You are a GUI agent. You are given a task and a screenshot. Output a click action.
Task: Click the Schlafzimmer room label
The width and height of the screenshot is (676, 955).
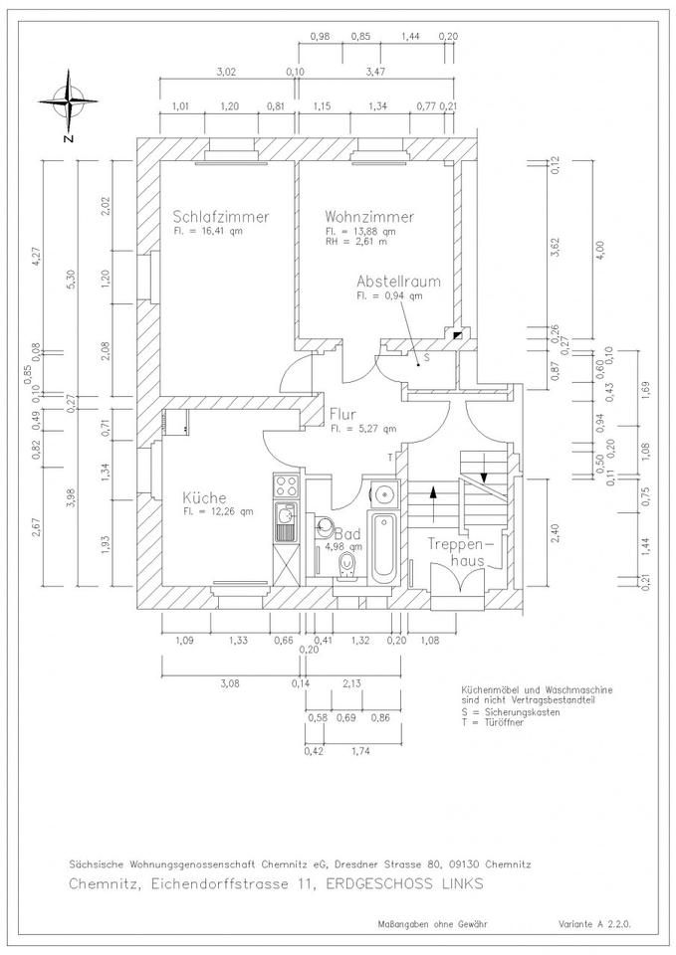click(221, 216)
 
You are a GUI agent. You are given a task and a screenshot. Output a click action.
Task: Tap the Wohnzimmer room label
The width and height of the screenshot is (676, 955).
click(369, 216)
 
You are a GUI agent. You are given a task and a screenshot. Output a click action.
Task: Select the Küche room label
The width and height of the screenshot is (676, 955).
click(204, 497)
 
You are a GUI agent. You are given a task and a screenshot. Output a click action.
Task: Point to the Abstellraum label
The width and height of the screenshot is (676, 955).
click(398, 282)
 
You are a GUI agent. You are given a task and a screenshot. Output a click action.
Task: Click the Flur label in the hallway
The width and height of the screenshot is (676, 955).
click(343, 414)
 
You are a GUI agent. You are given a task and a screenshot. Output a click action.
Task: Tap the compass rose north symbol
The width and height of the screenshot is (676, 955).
click(69, 101)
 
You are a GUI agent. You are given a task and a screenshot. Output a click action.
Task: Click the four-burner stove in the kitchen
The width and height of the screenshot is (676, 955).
click(287, 485)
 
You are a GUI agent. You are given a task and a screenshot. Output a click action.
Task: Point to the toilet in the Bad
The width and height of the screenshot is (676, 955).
click(347, 565)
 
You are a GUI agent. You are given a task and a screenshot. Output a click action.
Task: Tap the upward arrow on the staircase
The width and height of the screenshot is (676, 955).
click(433, 503)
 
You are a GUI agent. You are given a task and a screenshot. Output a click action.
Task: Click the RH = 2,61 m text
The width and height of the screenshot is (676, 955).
click(356, 242)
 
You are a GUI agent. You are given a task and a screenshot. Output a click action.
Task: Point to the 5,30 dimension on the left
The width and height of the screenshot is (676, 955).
click(72, 278)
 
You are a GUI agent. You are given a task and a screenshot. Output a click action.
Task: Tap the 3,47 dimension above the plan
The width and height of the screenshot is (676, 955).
click(375, 72)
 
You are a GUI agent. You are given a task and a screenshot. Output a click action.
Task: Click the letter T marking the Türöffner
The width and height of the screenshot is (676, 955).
click(390, 458)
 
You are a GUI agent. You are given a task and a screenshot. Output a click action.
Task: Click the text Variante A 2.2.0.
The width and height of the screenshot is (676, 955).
click(595, 924)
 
